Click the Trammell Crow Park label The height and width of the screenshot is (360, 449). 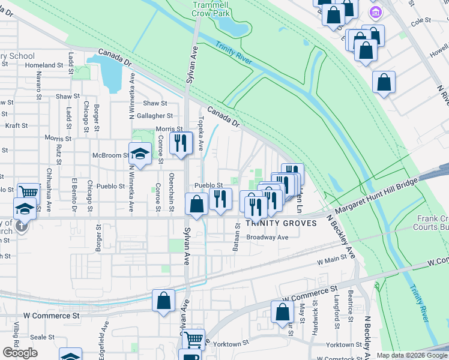[x=212, y=8]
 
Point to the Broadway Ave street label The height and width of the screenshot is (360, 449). [x=268, y=237]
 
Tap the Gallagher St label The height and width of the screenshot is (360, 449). [x=155, y=116]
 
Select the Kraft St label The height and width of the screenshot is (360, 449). [x=16, y=125]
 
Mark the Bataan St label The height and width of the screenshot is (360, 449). [x=237, y=242]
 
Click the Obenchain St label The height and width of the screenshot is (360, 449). [x=172, y=197]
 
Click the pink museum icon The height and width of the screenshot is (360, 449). [x=376, y=11]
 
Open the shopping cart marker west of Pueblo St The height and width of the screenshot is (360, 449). [x=28, y=193]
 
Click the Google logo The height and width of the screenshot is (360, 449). [x=20, y=352]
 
